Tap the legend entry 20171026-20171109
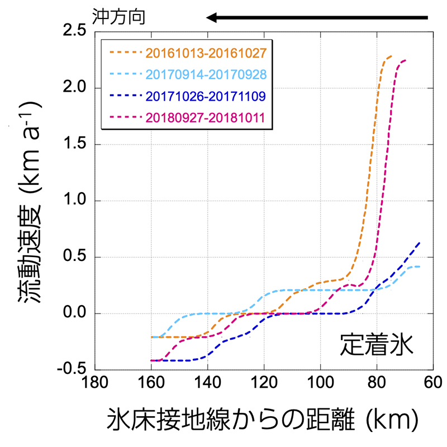[205, 96]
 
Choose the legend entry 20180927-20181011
[205, 118]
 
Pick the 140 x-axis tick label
[207, 385]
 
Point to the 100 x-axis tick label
[320, 385]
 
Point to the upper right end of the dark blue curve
[419, 243]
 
